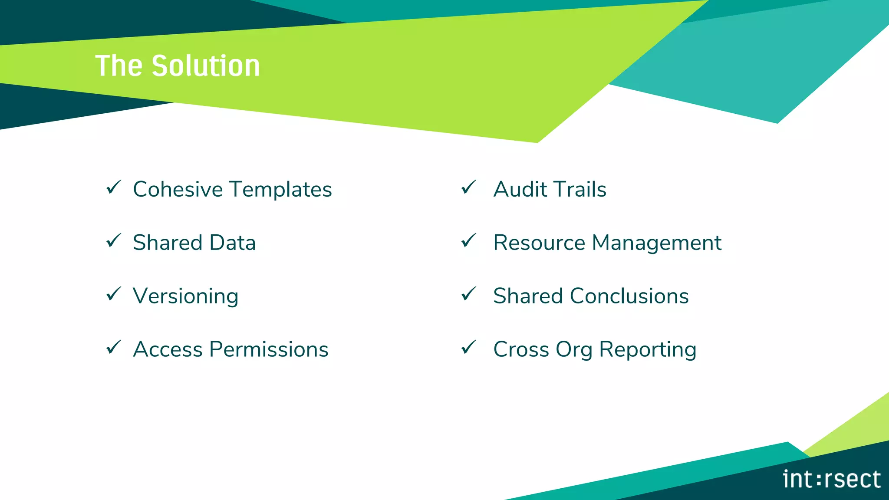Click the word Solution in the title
tap(206, 66)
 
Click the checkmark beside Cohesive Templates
tap(114, 187)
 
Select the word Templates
tap(280, 190)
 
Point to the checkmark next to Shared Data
tap(114, 241)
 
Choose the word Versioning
tap(186, 296)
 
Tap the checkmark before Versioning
tap(114, 294)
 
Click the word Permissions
tap(269, 349)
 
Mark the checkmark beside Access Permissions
tap(114, 348)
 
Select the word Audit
tap(520, 190)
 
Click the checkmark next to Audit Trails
tap(469, 187)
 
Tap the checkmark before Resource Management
tap(469, 241)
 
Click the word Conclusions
tap(629, 296)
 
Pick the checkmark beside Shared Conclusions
tap(469, 294)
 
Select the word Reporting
tap(648, 350)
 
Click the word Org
tap(574, 350)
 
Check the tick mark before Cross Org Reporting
tap(469, 348)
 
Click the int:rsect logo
tap(831, 480)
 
